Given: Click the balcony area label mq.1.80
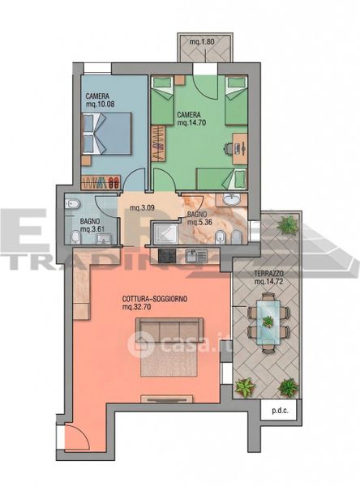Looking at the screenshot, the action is coord(202,41).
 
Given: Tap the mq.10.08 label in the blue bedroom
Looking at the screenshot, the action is coord(100,104).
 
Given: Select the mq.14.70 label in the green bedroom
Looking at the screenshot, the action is coord(191,123).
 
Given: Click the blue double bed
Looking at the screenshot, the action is coord(106,134).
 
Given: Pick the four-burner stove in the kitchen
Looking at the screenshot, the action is coord(167,256).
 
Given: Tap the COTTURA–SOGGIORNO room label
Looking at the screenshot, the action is coord(155,299).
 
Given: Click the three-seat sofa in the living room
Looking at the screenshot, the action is coord(169,330).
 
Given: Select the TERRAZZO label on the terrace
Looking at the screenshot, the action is coord(268,274).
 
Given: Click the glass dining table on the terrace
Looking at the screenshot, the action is coord(268,322).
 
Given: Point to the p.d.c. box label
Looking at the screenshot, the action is coord(281,411).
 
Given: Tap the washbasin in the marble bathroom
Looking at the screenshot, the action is coord(231,199).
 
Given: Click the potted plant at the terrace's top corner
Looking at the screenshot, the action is coord(287,224).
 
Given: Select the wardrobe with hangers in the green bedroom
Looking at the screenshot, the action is coord(158,143).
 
